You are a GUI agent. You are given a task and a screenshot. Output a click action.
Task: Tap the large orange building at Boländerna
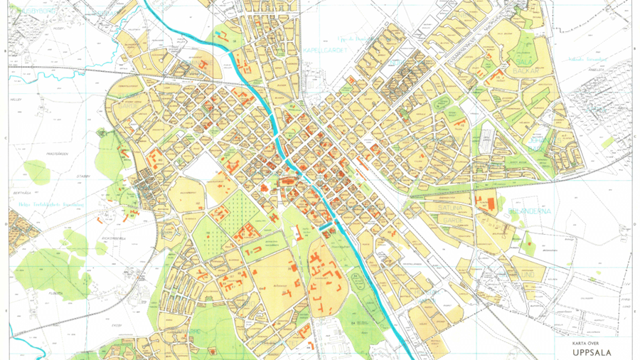[488, 201]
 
